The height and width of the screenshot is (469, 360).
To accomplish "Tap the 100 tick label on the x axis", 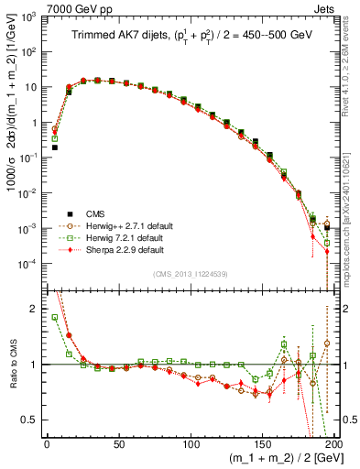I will pos(191,443).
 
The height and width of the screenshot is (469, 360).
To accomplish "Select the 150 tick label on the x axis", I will pos(264,443).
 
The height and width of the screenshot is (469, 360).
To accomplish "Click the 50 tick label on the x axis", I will pos(119,443).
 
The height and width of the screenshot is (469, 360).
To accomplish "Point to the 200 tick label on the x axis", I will pos(335,443).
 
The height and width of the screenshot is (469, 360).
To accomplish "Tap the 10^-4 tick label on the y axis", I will pos(32,264).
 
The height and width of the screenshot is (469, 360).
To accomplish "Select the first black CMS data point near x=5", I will pos(54,147).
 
